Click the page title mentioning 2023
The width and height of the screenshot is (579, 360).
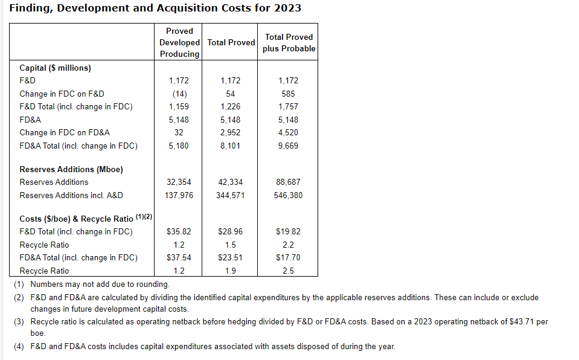click(155, 8)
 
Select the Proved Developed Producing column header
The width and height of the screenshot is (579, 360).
click(179, 42)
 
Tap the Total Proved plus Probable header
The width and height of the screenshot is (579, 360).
click(289, 42)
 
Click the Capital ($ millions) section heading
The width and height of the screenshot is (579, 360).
click(55, 68)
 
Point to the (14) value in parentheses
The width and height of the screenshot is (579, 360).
click(179, 94)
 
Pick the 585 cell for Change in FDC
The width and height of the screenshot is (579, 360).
click(289, 94)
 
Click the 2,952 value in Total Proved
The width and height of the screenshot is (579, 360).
click(231, 132)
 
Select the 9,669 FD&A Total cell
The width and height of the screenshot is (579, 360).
click(289, 146)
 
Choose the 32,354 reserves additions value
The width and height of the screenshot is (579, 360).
click(179, 182)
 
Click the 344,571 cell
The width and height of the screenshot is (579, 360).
click(231, 195)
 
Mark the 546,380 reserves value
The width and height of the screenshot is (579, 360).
click(289, 195)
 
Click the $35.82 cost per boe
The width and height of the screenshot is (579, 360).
click(179, 231)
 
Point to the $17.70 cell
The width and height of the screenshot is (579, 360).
click(289, 257)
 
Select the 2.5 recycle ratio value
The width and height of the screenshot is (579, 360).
click(289, 271)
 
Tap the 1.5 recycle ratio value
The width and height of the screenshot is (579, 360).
click(231, 245)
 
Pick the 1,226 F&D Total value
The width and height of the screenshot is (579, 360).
click(231, 106)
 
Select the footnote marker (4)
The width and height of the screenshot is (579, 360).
click(19, 346)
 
